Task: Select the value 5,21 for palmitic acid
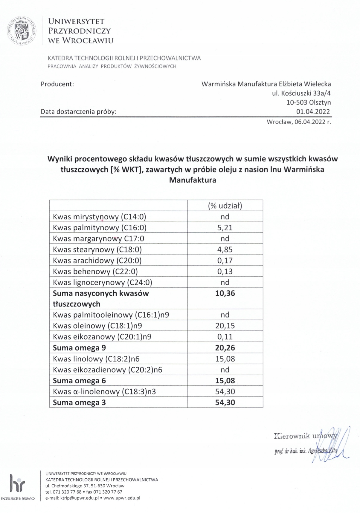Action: (x=225, y=228)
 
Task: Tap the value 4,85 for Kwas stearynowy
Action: (x=225, y=249)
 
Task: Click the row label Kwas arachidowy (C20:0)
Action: (x=97, y=261)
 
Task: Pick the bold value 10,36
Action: (x=225, y=293)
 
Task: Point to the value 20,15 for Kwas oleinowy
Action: (x=225, y=326)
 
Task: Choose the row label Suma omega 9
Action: (x=79, y=348)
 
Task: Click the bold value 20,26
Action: (x=225, y=348)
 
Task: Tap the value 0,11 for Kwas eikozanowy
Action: (x=225, y=337)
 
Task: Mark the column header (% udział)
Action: (x=225, y=206)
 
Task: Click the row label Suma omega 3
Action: (x=79, y=402)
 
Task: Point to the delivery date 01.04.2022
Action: (x=313, y=112)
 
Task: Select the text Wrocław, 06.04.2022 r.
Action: (x=299, y=122)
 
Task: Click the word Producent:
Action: (x=57, y=84)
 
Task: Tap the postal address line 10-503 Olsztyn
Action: (x=309, y=102)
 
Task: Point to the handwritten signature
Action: (x=332, y=445)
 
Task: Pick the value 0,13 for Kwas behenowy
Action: (x=225, y=272)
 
